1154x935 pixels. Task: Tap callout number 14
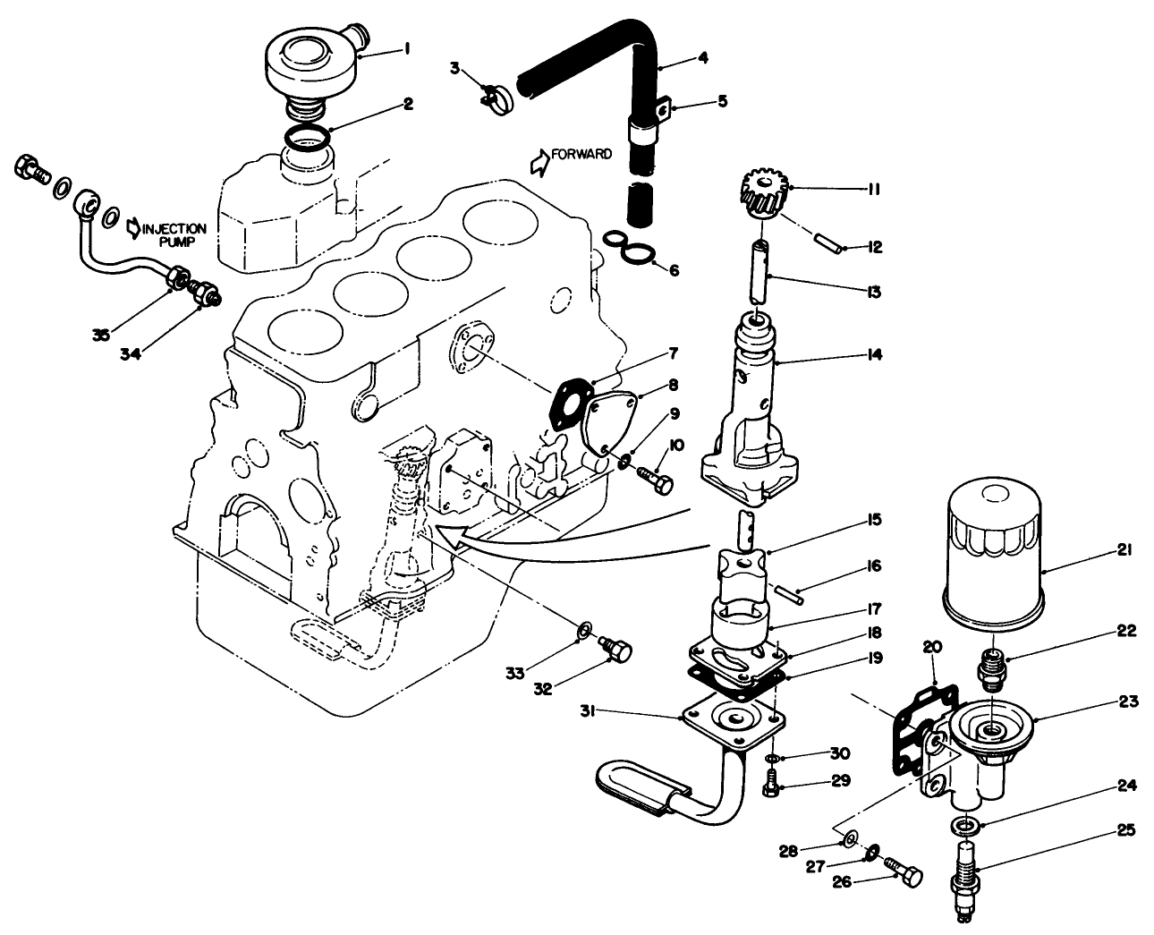click(874, 355)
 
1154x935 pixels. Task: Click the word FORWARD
click(581, 154)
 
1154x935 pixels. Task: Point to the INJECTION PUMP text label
click(174, 234)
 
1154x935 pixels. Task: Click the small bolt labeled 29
click(767, 787)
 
